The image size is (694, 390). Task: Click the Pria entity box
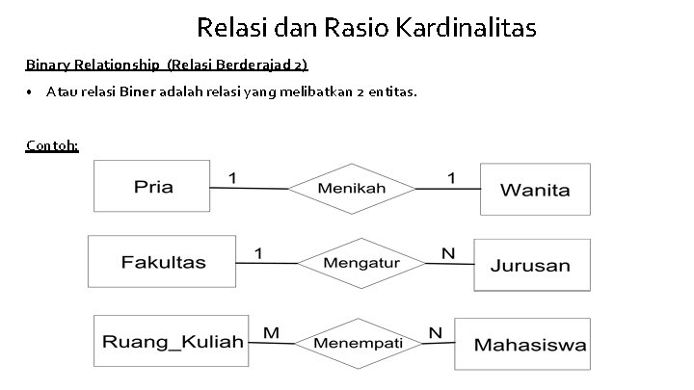pyautogui.click(x=152, y=186)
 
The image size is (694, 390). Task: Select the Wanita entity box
pyautogui.click(x=535, y=189)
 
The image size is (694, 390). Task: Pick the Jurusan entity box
pyautogui.click(x=529, y=265)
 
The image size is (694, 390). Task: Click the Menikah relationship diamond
pyautogui.click(x=352, y=188)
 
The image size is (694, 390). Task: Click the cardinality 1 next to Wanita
pyautogui.click(x=450, y=177)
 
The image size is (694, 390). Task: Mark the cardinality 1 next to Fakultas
pyautogui.click(x=258, y=252)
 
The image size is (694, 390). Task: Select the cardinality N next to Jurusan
pyautogui.click(x=447, y=253)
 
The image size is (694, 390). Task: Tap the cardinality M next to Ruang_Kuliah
pyautogui.click(x=271, y=332)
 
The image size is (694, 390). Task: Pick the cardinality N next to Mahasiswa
pyautogui.click(x=436, y=332)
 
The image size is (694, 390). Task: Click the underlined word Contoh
pyautogui.click(x=52, y=145)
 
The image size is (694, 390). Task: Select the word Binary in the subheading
pyautogui.click(x=47, y=65)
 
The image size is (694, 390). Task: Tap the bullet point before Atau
pyautogui.click(x=31, y=92)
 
